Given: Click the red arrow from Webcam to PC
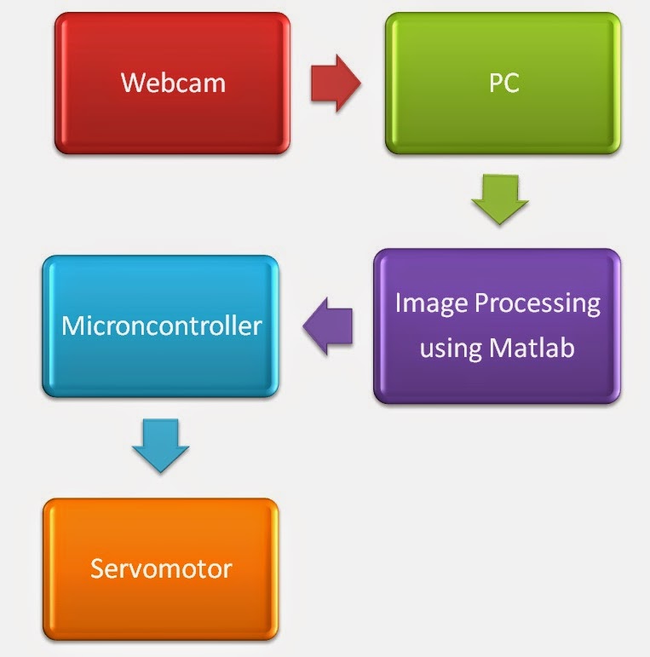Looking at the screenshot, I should [x=336, y=84].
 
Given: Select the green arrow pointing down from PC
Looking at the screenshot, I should [x=500, y=199].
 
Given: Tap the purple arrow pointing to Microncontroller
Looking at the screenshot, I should [x=328, y=326].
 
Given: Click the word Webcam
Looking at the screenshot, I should [x=172, y=84].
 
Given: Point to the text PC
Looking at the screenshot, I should [x=503, y=84].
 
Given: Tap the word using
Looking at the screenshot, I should [x=448, y=349].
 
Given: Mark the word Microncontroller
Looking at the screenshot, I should [x=161, y=326].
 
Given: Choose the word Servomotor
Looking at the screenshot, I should [x=161, y=568].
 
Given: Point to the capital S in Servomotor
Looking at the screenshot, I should [x=97, y=568].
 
